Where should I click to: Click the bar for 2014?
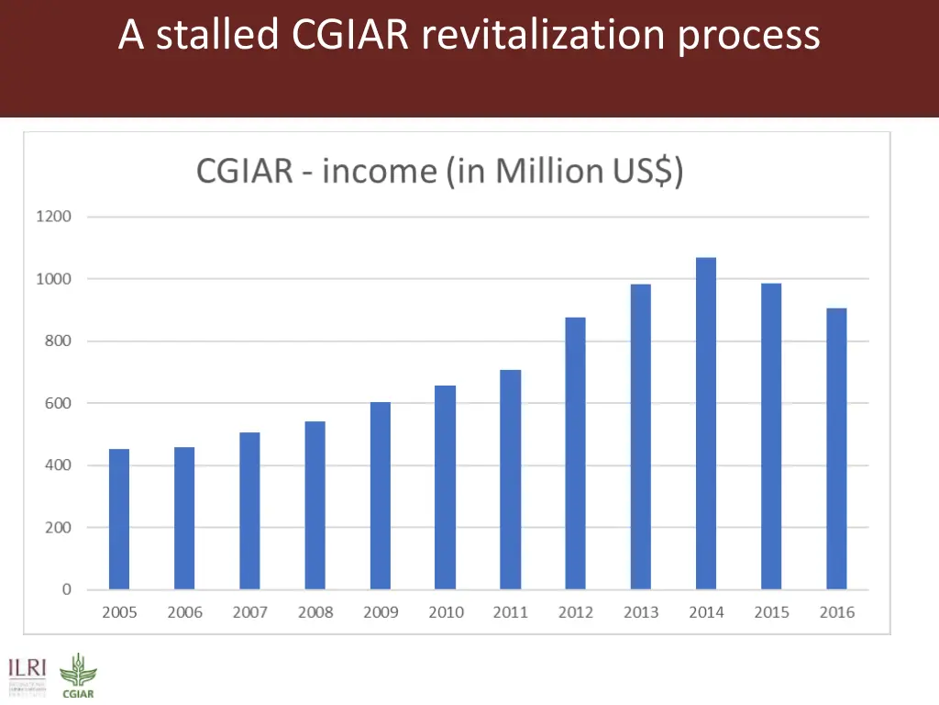pyautogui.click(x=706, y=423)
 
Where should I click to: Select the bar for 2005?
pyautogui.click(x=119, y=519)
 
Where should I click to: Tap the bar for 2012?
pyautogui.click(x=575, y=453)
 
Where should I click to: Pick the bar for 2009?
pyautogui.click(x=381, y=496)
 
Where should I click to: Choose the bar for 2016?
pyautogui.click(x=836, y=449)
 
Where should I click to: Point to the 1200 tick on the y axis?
pyautogui.click(x=53, y=217)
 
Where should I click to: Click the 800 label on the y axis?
pyautogui.click(x=53, y=341)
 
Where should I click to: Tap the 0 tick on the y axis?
pyautogui.click(x=66, y=589)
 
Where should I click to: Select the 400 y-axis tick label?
pyautogui.click(x=53, y=465)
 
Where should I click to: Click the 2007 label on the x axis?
pyautogui.click(x=249, y=612)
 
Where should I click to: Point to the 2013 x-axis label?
pyautogui.click(x=641, y=612)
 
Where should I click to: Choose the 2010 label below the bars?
pyautogui.click(x=446, y=612)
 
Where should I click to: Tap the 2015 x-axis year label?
pyautogui.click(x=771, y=612)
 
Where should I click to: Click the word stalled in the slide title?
pyautogui.click(x=216, y=35)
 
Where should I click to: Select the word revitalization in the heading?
pyautogui.click(x=545, y=35)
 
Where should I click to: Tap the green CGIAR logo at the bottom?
pyautogui.click(x=77, y=676)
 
